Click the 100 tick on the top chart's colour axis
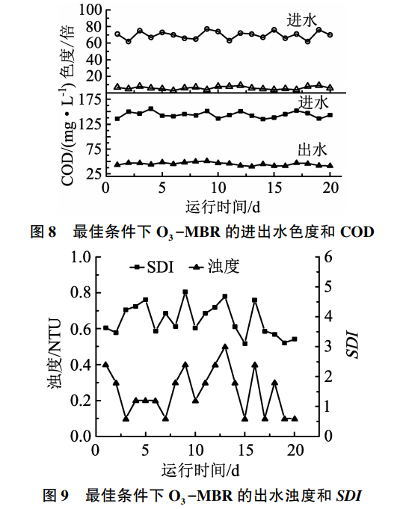point(87,11)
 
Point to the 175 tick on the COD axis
point(87,98)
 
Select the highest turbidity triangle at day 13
point(225,347)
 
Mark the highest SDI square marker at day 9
point(185,292)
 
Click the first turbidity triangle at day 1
point(105,365)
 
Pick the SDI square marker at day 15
point(244,343)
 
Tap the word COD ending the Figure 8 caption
point(357,232)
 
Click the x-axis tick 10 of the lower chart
point(195,451)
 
